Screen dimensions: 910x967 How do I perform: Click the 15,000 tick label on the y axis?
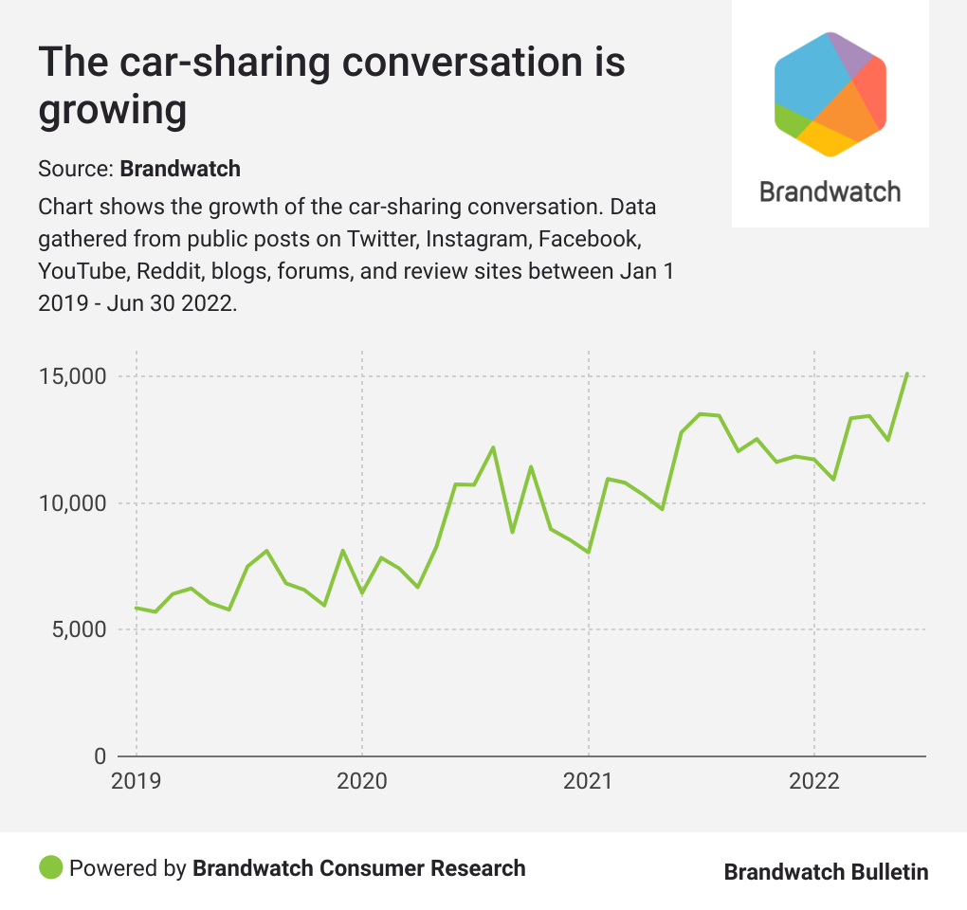click(70, 377)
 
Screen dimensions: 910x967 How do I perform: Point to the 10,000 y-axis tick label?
click(70, 503)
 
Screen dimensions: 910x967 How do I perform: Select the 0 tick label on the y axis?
click(99, 756)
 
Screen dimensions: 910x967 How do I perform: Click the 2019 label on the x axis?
click(137, 781)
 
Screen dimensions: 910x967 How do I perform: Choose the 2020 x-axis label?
click(362, 781)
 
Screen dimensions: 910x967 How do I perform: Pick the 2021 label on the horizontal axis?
click(589, 781)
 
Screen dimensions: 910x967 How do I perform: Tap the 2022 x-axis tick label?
click(814, 781)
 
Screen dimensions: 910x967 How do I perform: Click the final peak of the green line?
click(907, 373)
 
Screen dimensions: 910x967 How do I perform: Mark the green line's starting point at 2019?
click(137, 608)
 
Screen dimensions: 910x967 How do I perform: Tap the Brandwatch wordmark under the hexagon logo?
click(830, 191)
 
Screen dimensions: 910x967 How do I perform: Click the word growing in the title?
click(112, 109)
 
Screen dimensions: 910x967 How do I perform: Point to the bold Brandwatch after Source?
click(180, 169)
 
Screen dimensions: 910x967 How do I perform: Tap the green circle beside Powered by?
click(51, 867)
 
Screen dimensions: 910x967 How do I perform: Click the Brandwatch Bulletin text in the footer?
click(826, 872)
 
